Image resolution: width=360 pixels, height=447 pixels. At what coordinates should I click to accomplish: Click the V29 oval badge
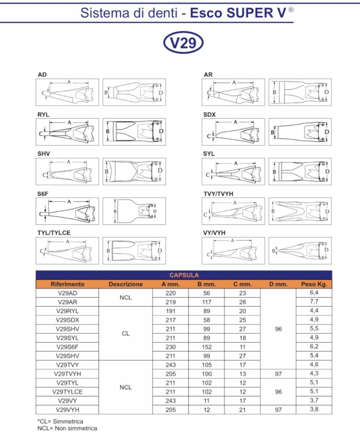point(183,44)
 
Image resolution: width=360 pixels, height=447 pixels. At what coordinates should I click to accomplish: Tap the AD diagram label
point(42,75)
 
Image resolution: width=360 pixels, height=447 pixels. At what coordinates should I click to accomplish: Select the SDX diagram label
point(209,114)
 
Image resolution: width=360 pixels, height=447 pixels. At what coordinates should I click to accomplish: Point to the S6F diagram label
point(43,193)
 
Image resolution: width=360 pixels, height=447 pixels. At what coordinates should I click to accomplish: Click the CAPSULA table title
point(184,275)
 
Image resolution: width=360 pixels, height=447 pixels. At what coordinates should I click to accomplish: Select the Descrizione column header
point(125,284)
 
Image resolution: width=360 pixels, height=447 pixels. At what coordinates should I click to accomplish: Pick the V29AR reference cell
point(67,301)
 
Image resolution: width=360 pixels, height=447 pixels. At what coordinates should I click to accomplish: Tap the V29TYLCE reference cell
point(67,391)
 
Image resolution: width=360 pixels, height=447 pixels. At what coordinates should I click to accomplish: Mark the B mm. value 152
point(206,347)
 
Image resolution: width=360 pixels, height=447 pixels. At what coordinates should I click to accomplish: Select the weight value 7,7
point(314,301)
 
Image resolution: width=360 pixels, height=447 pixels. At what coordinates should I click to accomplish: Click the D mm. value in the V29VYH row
point(278,409)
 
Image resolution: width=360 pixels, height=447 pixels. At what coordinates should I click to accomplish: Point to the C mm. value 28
point(242,301)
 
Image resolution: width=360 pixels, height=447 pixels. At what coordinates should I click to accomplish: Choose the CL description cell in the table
point(125,333)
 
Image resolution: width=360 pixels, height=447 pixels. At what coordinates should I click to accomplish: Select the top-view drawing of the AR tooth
point(299,92)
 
